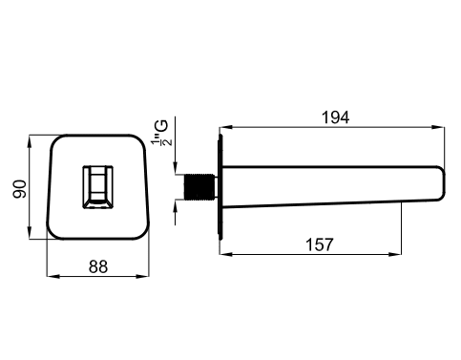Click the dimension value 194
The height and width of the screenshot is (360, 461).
336,117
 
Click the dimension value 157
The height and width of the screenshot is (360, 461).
320,244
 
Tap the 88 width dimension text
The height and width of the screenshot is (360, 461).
98,266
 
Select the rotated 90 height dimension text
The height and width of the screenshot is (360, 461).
20,189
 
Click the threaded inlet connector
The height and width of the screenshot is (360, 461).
201,187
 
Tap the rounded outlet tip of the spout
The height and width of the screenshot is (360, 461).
441,183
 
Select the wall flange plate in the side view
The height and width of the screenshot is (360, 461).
220,187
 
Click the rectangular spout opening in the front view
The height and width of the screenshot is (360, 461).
98,187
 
